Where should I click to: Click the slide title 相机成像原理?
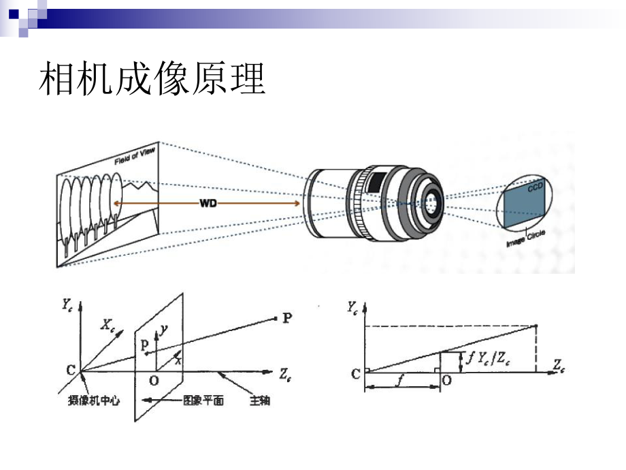pyautogui.click(x=152, y=80)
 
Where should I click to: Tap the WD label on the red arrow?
pyautogui.click(x=208, y=204)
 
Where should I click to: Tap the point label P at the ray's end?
pyautogui.click(x=286, y=317)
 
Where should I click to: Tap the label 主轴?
pyautogui.click(x=259, y=401)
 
